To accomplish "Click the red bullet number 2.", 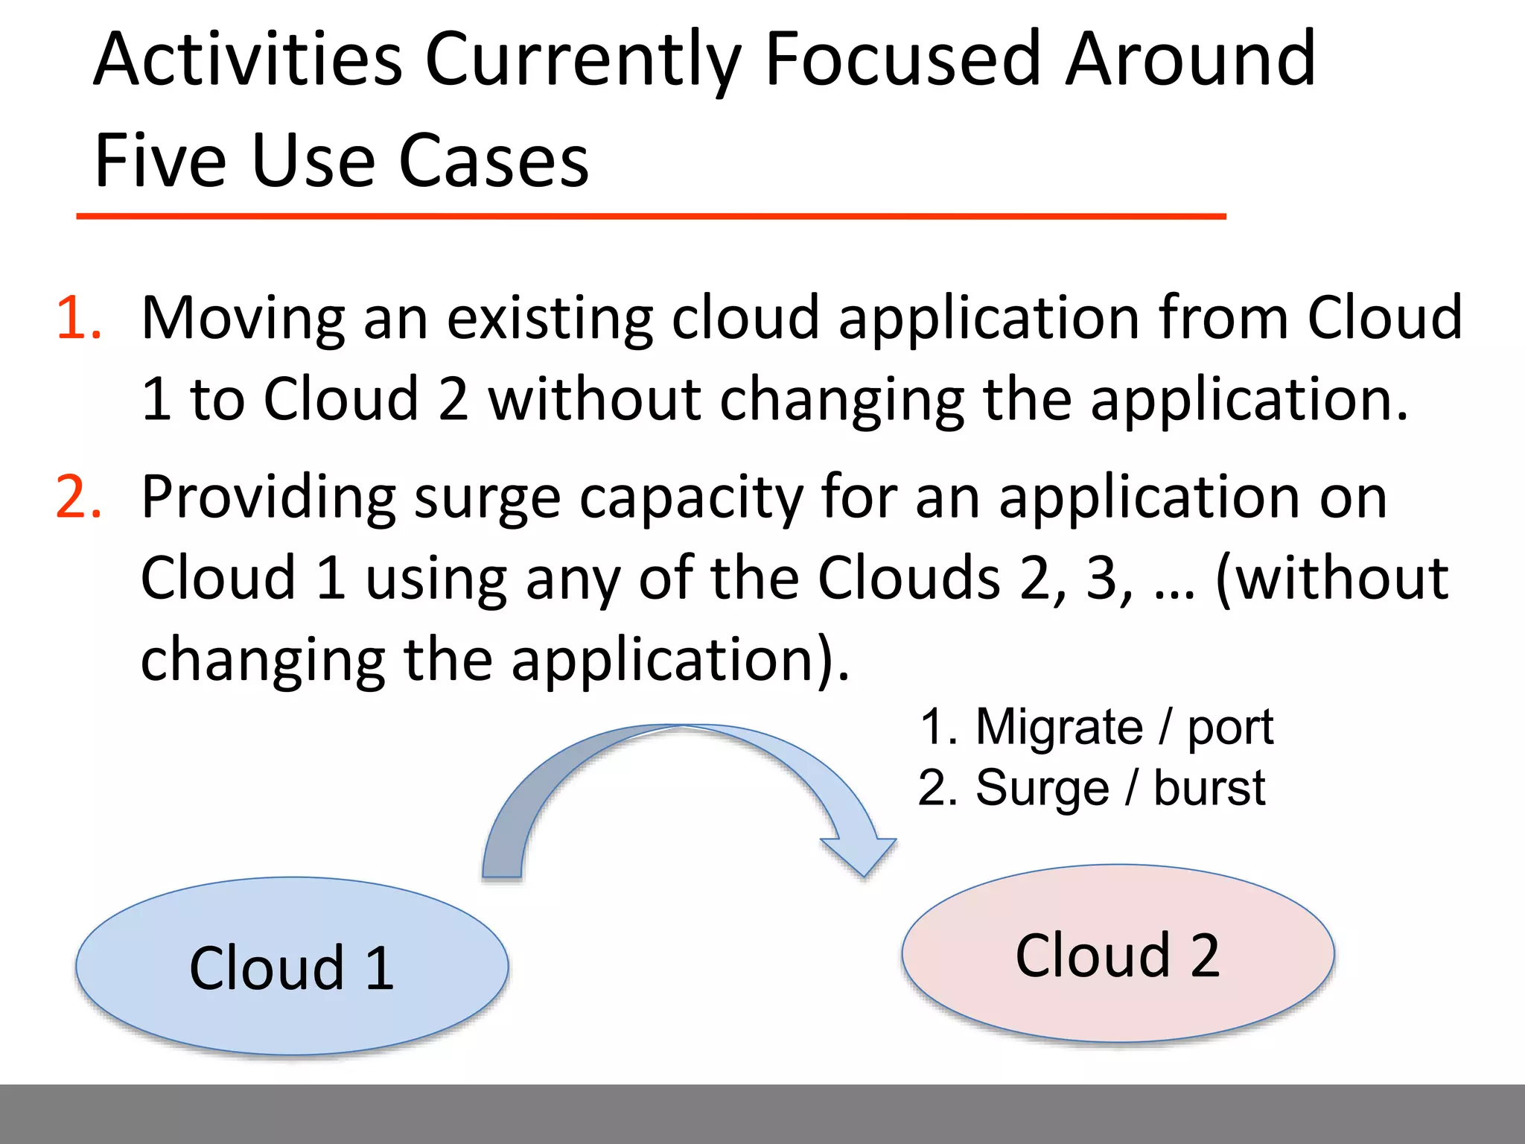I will [78, 498].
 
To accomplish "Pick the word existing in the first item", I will [550, 319].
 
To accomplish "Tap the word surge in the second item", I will [487, 499].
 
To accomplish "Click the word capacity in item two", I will [691, 499].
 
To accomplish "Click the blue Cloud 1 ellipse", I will [292, 967].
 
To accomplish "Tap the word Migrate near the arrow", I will [1059, 727].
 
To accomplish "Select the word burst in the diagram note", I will [1209, 788].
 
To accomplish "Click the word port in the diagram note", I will [1230, 728].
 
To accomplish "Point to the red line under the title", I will [651, 216].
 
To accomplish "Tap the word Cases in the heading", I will [494, 161].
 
